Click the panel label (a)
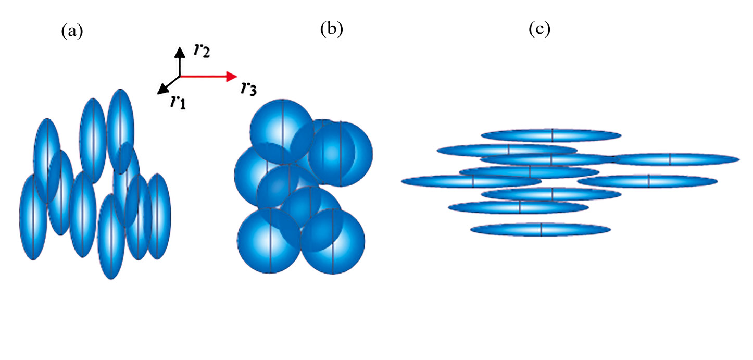[72, 32]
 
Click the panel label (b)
[332, 30]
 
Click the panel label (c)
[539, 30]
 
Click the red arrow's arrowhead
[231, 77]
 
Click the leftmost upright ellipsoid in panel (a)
[32, 216]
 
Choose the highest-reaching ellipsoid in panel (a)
[120, 120]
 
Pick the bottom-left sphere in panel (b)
[269, 240]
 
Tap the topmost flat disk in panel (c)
[551, 135]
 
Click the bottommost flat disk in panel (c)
[541, 229]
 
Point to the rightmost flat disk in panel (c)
[677, 159]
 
